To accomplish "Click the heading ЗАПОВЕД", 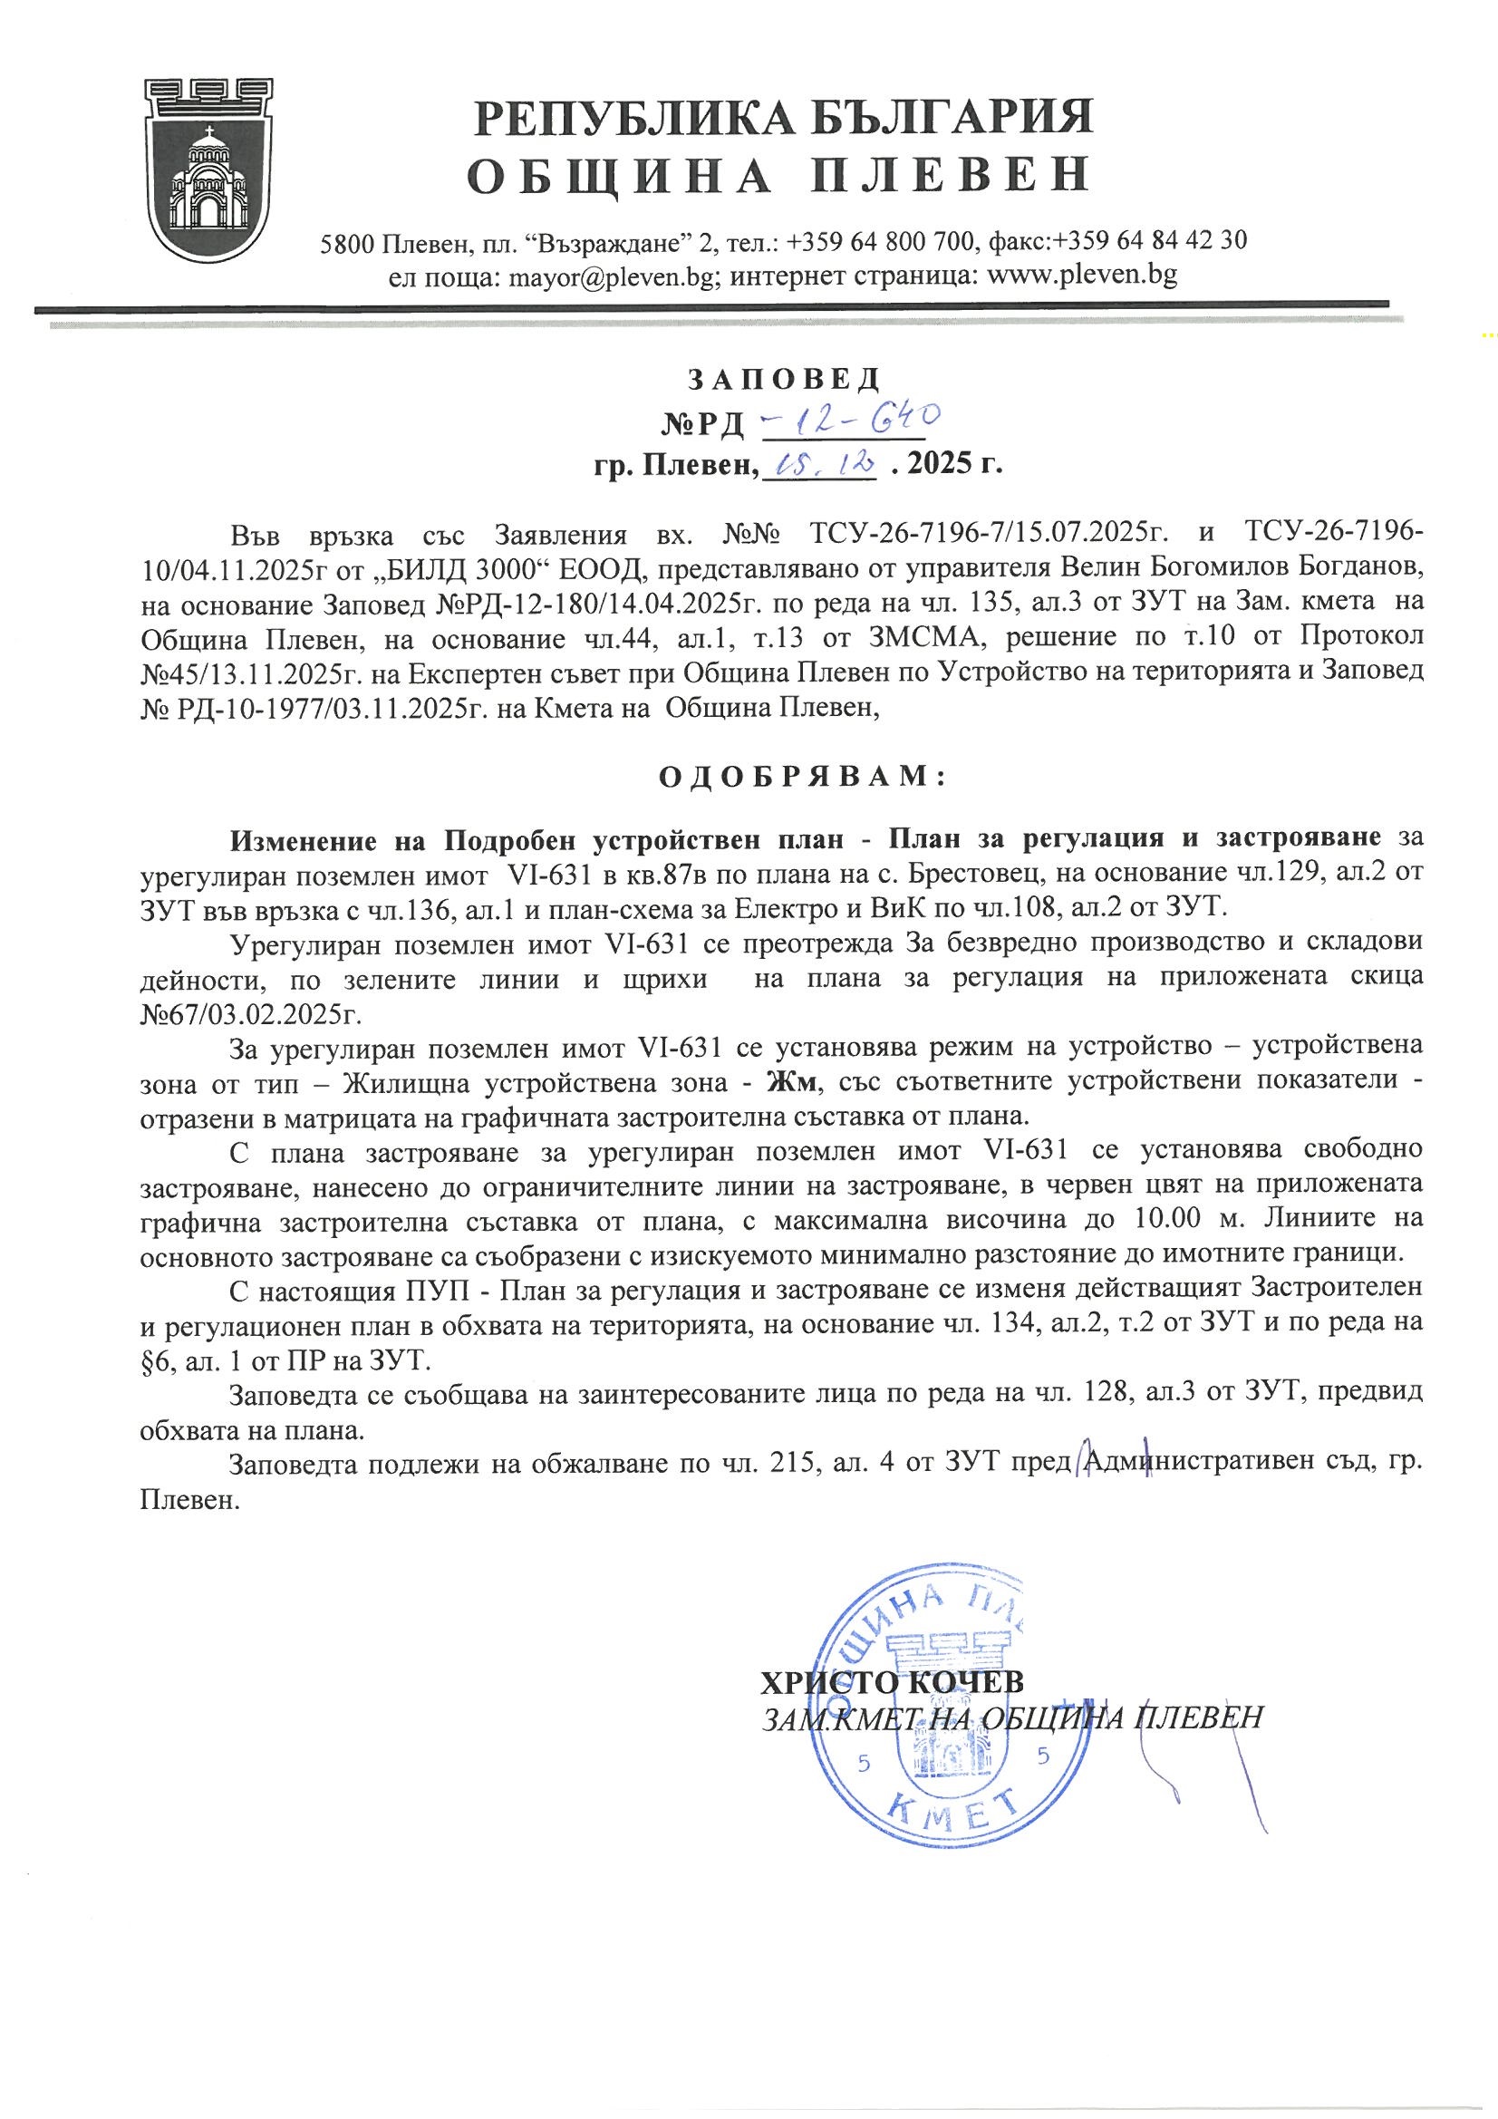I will (784, 379).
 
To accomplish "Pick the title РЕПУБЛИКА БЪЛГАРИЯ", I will (784, 121).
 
